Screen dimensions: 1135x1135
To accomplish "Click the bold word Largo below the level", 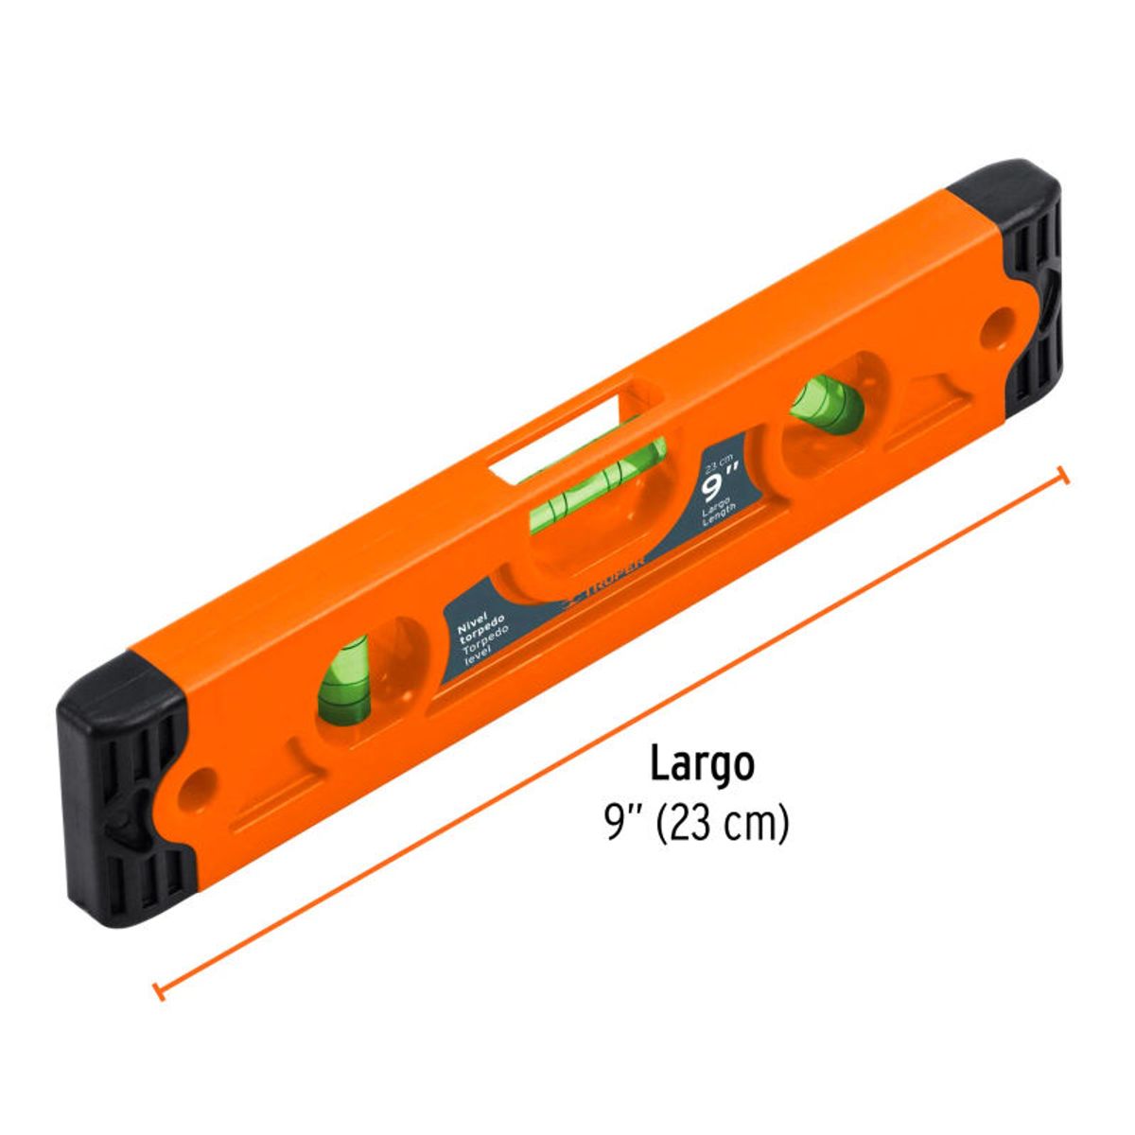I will [x=701, y=763].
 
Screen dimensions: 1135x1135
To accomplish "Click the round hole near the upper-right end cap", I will [x=992, y=331].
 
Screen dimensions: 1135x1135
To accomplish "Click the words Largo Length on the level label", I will [x=721, y=511].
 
